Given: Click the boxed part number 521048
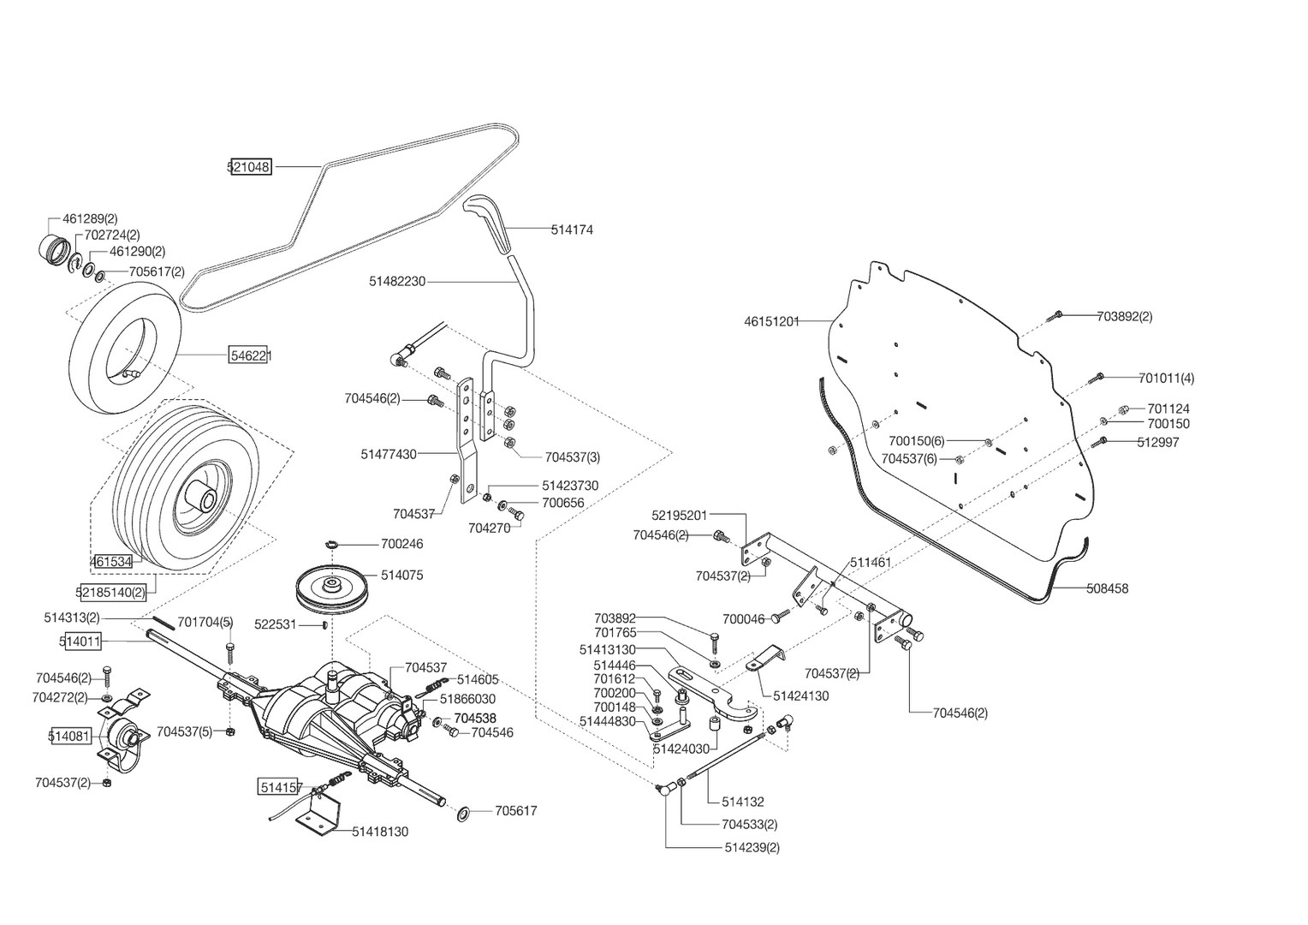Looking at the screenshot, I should click(x=250, y=168).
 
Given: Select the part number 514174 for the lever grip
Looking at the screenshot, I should click(x=572, y=230).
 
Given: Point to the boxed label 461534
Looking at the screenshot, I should click(x=111, y=562).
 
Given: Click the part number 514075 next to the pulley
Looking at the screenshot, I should click(x=402, y=576).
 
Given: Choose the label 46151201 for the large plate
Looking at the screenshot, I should click(x=771, y=322).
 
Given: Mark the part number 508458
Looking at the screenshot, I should click(x=1107, y=588).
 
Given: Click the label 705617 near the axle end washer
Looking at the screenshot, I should click(x=516, y=810).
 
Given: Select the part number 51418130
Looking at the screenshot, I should click(x=380, y=832).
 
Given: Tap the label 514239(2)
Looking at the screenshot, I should click(x=752, y=848).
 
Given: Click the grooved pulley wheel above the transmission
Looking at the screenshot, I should click(x=330, y=590).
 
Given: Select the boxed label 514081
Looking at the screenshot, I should click(x=69, y=736).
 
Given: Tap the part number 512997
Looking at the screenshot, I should click(x=1158, y=442).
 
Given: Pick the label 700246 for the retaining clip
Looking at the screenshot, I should click(x=402, y=544).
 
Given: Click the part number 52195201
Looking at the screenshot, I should click(x=680, y=515).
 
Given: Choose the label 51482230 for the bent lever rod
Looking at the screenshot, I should click(x=397, y=281).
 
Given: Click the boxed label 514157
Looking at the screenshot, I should click(x=281, y=785).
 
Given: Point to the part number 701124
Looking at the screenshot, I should click(x=1168, y=409).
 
